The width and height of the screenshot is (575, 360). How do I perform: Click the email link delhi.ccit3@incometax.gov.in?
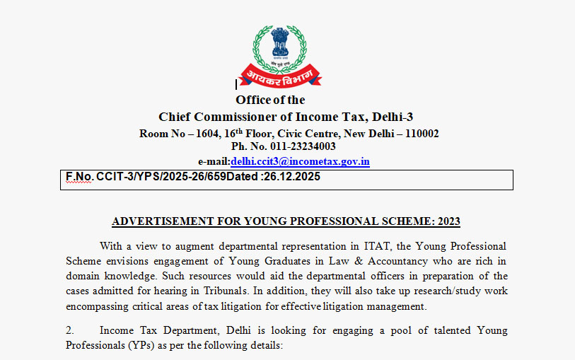(x=300, y=161)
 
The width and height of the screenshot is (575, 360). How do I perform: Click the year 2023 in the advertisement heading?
(x=448, y=221)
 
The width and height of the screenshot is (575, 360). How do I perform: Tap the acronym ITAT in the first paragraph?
(x=359, y=246)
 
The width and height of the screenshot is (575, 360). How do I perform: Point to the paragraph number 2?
(x=69, y=330)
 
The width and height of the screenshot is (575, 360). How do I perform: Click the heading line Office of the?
(x=270, y=100)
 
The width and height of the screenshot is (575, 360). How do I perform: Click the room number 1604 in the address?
(x=204, y=133)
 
